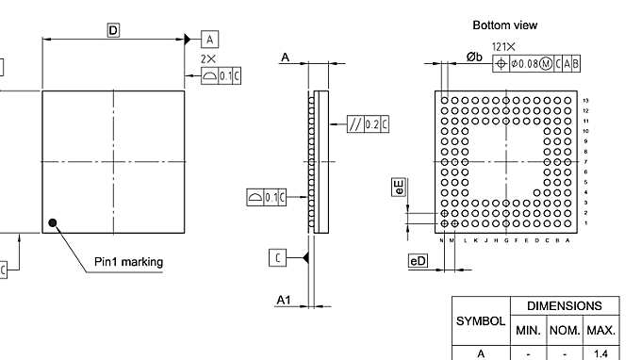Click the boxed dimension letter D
coord(113,31)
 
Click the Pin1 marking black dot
coord(54,223)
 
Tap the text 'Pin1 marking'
coord(128,261)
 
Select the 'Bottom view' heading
coord(504,25)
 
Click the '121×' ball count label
coord(503,46)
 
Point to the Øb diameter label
coord(475,58)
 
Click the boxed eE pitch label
coord(399,187)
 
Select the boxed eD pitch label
coord(418,261)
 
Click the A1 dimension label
coord(283,299)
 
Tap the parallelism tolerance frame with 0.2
coord(368,123)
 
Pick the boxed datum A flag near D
coord(210,39)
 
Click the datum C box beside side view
coord(277,257)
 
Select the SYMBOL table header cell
coord(481,320)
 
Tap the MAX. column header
coord(600,331)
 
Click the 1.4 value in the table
coord(600,353)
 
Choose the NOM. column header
coord(565,331)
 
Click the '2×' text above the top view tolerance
coord(209,58)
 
